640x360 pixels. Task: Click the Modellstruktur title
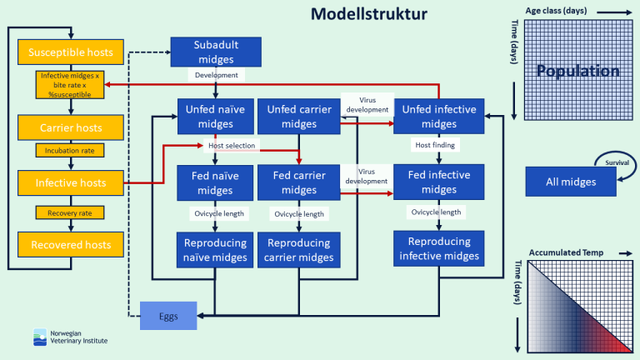point(369,14)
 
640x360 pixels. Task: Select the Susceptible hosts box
point(70,52)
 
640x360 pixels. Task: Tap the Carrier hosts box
point(70,127)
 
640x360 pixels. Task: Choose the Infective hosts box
point(70,182)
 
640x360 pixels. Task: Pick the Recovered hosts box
point(70,244)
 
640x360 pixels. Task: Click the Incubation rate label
point(70,151)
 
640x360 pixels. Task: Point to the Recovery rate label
point(70,212)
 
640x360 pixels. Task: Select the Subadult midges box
point(215,52)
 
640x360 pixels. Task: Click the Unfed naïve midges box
point(215,117)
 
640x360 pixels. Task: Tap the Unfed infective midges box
point(439,117)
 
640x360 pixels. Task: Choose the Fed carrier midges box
point(298,183)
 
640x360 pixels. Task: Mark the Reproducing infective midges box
point(439,248)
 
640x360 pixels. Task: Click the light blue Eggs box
point(168,316)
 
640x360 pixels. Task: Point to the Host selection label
point(232,146)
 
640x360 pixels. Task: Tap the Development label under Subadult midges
point(216,75)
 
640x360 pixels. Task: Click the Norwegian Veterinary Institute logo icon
point(40,337)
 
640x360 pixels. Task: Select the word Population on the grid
point(577,71)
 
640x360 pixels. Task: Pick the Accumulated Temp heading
point(565,252)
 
